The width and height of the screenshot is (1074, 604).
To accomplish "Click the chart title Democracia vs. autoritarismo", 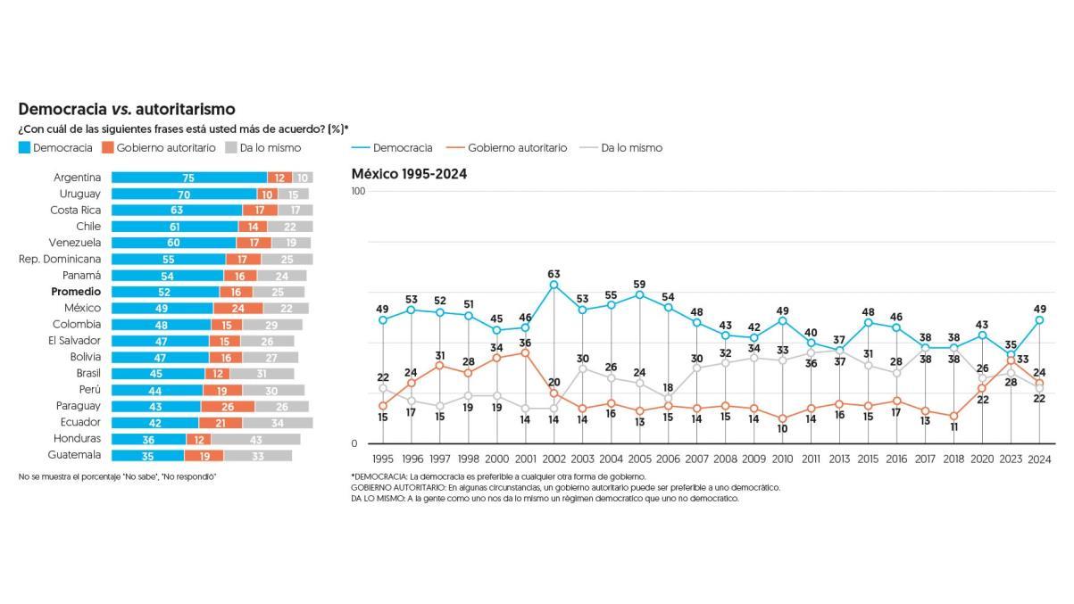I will pos(127,109).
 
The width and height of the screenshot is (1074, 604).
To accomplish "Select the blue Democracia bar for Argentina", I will pos(188,178).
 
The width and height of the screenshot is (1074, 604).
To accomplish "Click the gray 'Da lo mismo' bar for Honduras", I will pos(255,439).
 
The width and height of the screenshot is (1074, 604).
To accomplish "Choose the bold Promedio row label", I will pos(76,292).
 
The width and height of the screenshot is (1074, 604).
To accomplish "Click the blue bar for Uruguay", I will pos(183,194).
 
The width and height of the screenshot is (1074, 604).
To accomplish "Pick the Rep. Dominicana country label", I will pos(60,259).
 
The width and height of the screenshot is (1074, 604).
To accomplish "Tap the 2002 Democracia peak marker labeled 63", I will pos(554,285).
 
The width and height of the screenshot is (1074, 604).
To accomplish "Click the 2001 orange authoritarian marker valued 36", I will pos(526,352).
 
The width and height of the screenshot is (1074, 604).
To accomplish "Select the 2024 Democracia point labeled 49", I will pos(1039,319).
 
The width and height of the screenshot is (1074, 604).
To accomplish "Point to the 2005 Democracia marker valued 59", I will pos(640,294).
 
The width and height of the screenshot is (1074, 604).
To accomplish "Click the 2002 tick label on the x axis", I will pos(554,459).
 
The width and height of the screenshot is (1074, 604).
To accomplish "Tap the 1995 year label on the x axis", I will pos(383,459).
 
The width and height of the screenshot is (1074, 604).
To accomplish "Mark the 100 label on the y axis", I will pos(359,191).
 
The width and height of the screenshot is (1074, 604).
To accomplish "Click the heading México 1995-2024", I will pos(409,174).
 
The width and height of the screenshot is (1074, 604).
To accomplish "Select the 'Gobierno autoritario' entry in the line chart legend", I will pos(517,148).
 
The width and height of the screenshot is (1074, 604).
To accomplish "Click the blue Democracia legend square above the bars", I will pos(25,148).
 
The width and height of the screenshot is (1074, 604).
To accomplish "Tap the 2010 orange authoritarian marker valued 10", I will pos(783,418).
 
